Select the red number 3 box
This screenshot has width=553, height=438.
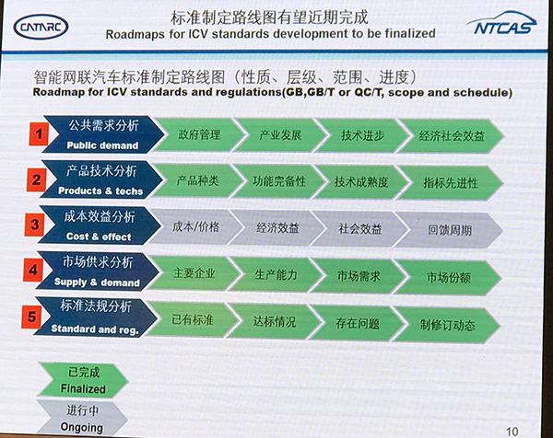click(35, 225)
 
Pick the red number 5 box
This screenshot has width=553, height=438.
click(34, 319)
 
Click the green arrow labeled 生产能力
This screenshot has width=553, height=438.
click(273, 274)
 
